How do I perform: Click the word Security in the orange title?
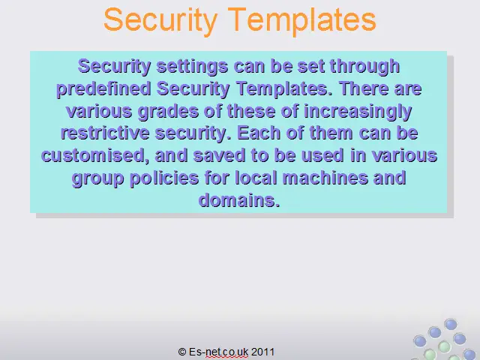pos(160,20)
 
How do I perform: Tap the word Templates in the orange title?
pos(301,20)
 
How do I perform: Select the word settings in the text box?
pos(192,67)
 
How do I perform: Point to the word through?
pos(365,67)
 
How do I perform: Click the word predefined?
pos(103,89)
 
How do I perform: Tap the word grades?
pos(168,112)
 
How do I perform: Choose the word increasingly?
pos(358,112)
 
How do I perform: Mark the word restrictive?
pos(105,133)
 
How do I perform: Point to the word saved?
pos(219,156)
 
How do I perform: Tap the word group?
pos(98,178)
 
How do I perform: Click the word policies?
pos(164,178)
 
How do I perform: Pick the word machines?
pos(325,178)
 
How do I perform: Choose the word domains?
pos(239,200)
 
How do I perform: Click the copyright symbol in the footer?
pos(182,352)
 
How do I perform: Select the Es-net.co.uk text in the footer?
pos(218,352)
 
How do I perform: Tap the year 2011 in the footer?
pos(263,352)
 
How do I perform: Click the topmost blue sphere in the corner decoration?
pos(451,324)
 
